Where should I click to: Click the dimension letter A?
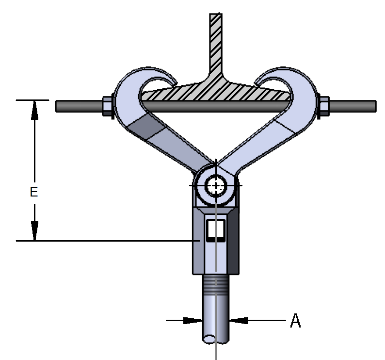(295, 321)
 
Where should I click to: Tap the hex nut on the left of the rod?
(107, 106)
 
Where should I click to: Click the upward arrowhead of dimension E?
(34, 110)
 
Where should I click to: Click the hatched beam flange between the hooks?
(215, 91)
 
